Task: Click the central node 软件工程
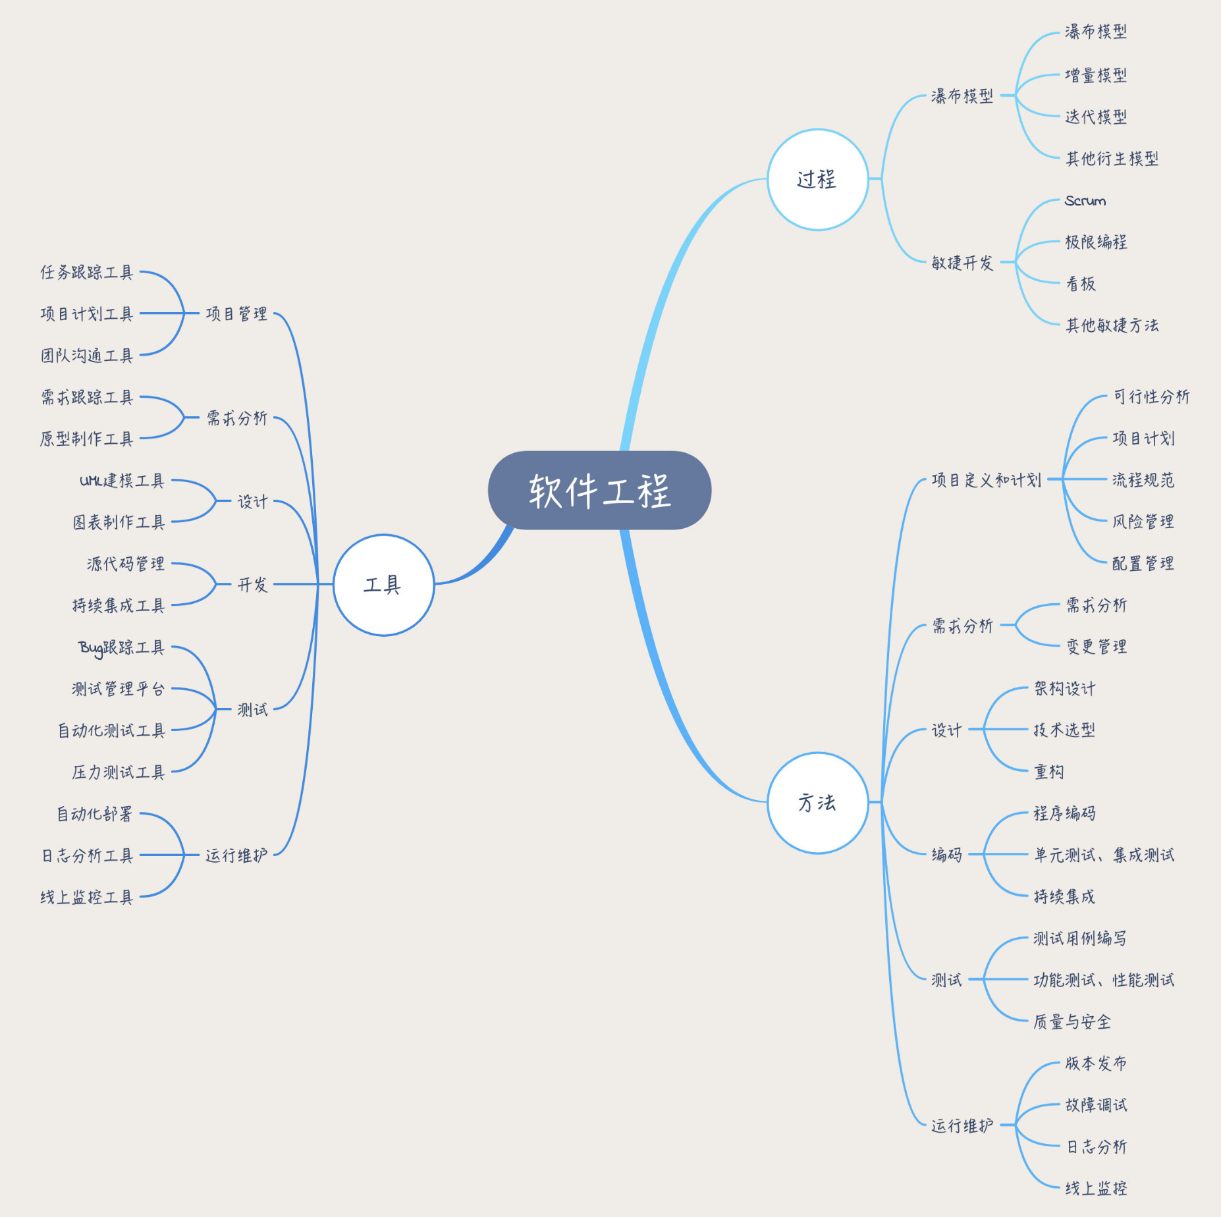[599, 490]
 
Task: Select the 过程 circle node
[817, 179]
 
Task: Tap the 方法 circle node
[817, 803]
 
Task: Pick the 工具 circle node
[383, 585]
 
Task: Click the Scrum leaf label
[1085, 201]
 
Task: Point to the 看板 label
[1081, 284]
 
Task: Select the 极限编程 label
[1096, 242]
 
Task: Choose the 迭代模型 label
[1096, 117]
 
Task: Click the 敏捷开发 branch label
[962, 263]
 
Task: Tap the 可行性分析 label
[1151, 396]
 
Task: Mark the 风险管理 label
[1143, 522]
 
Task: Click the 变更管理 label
[1097, 647]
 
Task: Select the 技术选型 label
[1064, 730]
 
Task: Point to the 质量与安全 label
[1072, 1021]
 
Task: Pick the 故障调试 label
[1096, 1104]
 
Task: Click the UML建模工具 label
[122, 481]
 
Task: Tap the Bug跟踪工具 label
[121, 648]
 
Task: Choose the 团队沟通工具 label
[87, 356]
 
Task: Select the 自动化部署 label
[95, 814]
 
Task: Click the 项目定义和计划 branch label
[987, 480]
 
